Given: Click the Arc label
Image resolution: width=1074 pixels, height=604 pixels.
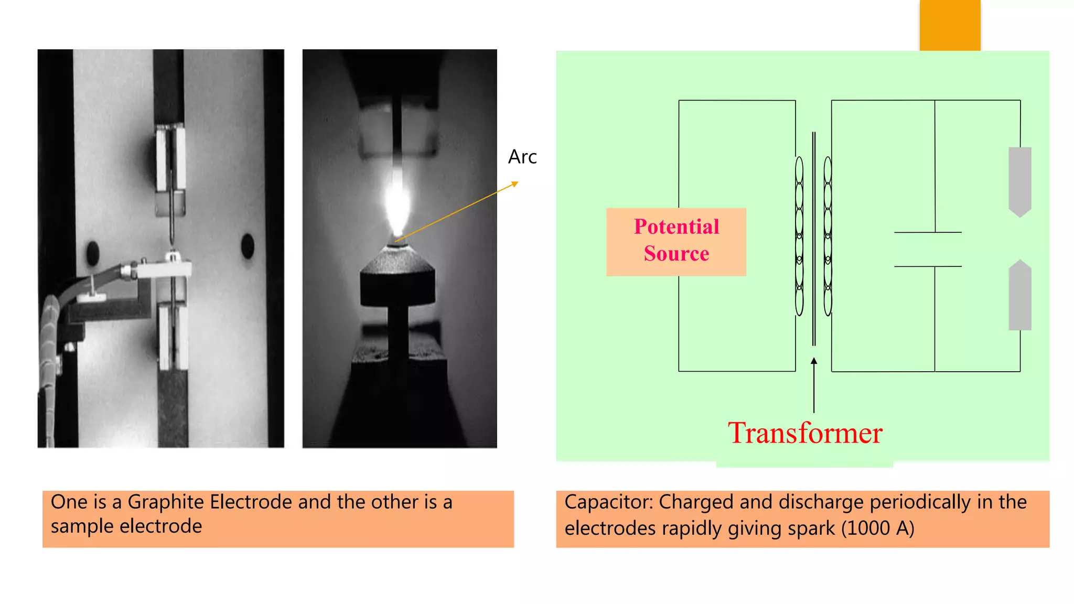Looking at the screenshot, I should click(522, 157).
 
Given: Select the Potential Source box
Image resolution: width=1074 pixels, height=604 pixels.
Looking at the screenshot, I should click(676, 242).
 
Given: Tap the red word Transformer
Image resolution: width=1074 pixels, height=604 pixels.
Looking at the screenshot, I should click(804, 433).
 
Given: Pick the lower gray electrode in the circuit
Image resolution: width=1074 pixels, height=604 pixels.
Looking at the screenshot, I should click(1020, 296).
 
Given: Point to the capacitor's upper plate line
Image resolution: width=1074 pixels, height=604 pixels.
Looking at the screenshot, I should click(927, 232).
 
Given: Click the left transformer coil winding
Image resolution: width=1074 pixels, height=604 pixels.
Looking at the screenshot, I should click(799, 236).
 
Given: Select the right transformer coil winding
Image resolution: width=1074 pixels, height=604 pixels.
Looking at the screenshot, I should click(828, 236).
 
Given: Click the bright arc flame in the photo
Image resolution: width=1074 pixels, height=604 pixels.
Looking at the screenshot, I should click(396, 202).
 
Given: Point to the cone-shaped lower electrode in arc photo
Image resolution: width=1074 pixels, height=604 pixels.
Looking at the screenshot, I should click(398, 260).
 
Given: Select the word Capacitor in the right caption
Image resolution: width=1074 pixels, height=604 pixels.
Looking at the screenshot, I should click(608, 502).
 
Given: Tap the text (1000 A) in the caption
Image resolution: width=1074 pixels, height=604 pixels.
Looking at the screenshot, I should click(878, 528).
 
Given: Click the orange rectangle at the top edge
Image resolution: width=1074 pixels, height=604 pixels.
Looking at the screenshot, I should click(950, 25).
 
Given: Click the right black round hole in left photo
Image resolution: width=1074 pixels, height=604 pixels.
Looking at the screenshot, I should click(248, 246).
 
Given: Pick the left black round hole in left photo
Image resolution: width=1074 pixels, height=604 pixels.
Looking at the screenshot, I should click(93, 253).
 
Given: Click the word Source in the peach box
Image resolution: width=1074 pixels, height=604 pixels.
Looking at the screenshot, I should click(676, 254).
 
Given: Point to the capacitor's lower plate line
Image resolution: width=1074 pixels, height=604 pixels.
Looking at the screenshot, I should click(927, 267).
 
